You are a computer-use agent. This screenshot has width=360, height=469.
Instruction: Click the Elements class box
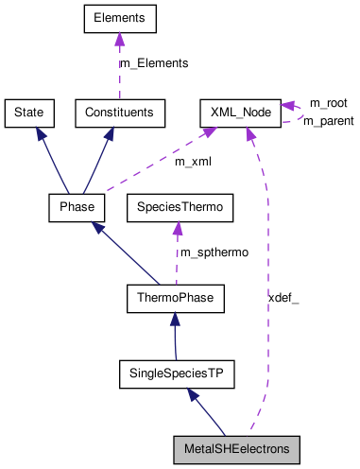[119, 17]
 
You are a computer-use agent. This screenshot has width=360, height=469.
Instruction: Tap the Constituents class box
[120, 113]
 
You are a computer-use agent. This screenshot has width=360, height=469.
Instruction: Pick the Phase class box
[76, 206]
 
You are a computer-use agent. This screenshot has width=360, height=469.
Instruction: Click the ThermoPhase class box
[174, 300]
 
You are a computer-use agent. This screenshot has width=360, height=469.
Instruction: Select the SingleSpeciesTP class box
[176, 374]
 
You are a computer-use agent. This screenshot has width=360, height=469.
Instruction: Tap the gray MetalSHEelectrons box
[236, 448]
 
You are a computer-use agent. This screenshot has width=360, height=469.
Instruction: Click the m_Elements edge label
[153, 63]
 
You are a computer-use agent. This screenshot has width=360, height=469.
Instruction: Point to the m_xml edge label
[192, 162]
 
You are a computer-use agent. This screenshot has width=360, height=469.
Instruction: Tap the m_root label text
[330, 102]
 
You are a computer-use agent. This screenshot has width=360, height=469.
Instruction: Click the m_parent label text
[328, 121]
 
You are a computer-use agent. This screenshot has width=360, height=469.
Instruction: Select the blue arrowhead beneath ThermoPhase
[175, 322]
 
